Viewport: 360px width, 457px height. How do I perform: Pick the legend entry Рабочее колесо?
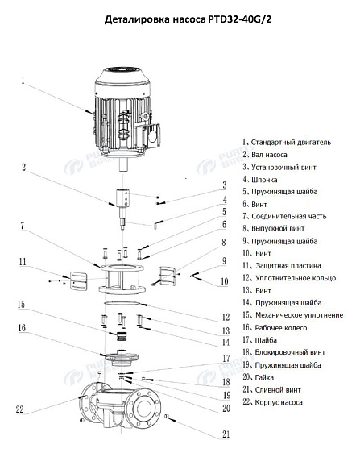(279, 326)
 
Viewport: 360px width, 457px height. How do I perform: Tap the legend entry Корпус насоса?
(276, 401)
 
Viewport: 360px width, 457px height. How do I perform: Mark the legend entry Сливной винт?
(275, 388)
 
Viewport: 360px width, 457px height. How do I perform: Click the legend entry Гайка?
(262, 376)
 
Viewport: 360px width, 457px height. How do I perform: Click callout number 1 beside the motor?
(23, 80)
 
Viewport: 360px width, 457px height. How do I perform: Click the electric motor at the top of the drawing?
(128, 110)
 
